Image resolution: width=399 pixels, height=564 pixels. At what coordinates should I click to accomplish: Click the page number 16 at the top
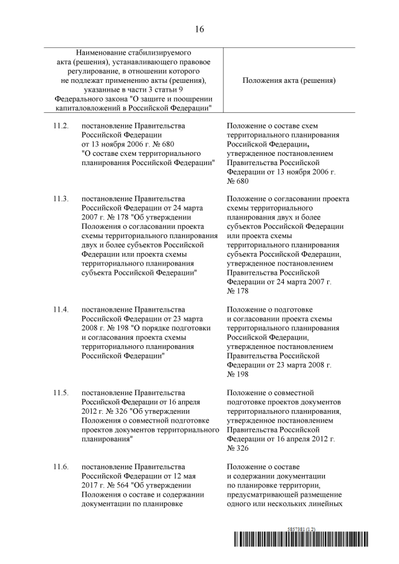(199, 29)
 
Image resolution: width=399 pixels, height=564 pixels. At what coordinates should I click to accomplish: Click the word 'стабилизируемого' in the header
(160, 54)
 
